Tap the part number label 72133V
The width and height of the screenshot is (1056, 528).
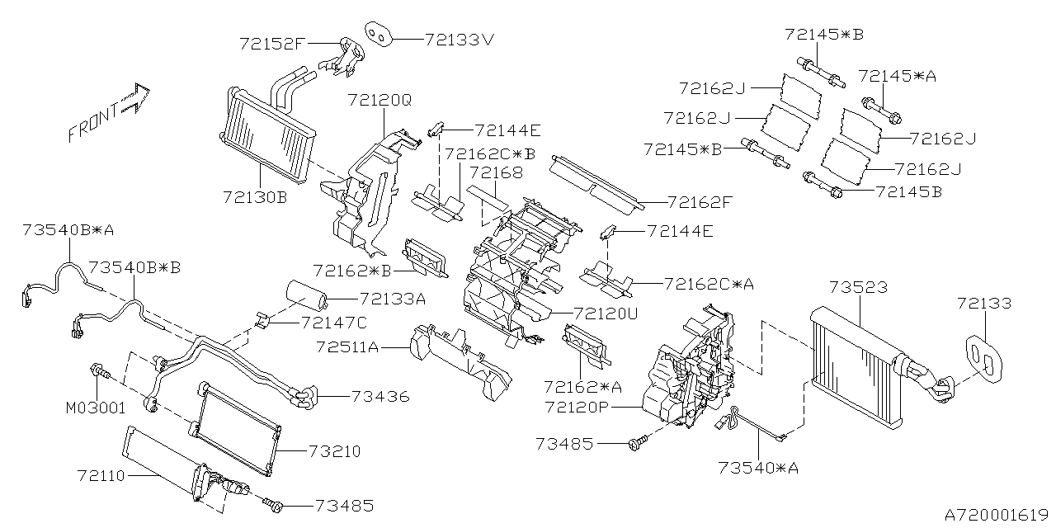click(x=460, y=38)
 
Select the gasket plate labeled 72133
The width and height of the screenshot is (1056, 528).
click(x=981, y=357)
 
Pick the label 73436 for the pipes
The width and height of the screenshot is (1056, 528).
click(x=379, y=397)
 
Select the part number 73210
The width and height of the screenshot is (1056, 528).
click(x=334, y=452)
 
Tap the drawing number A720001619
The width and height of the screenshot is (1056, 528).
click(x=994, y=514)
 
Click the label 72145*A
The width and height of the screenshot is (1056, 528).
click(x=897, y=75)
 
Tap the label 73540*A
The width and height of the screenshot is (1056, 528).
click(x=761, y=469)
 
